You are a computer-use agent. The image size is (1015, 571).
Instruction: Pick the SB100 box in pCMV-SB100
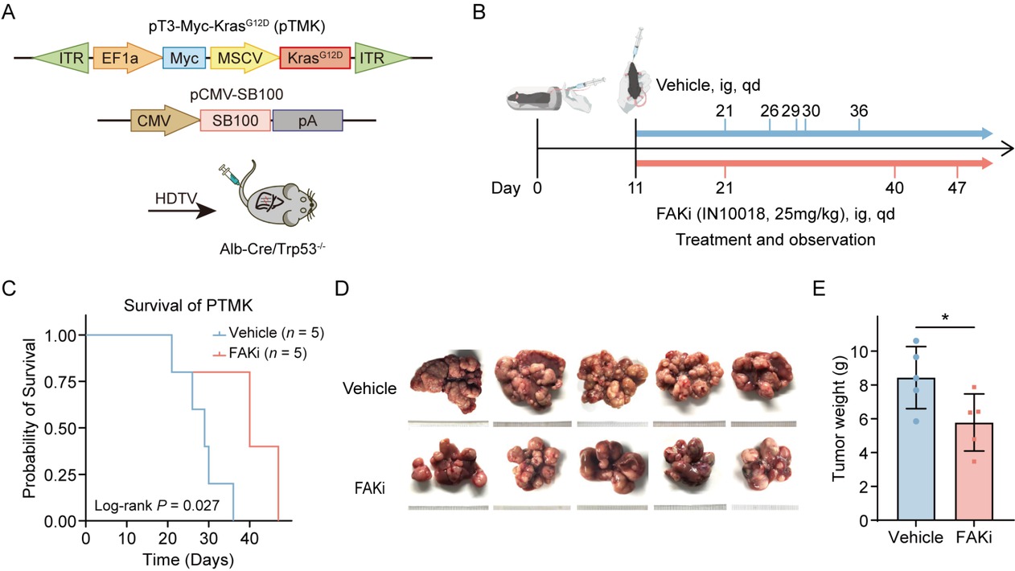[236, 121]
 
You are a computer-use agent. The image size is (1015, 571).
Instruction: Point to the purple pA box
[307, 121]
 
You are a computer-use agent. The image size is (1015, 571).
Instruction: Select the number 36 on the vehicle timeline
[858, 111]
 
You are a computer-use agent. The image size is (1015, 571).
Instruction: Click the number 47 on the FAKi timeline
[956, 187]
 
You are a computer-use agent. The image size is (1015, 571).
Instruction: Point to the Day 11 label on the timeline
[636, 187]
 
